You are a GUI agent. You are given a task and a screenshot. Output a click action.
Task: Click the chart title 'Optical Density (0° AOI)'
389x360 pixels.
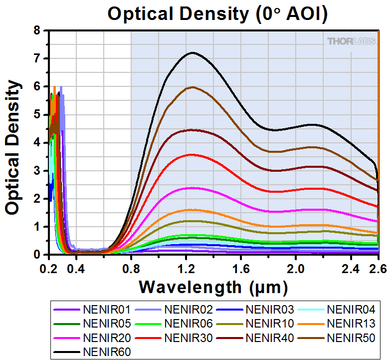click(217, 14)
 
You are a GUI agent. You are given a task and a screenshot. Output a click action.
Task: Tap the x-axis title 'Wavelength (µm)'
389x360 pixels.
click(213, 287)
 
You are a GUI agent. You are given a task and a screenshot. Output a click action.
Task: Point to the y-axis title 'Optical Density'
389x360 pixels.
click(13, 141)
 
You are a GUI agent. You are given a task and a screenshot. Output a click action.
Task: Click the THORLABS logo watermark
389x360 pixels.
click(351, 41)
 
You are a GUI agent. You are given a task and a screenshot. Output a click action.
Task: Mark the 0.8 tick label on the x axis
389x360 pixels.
click(131, 269)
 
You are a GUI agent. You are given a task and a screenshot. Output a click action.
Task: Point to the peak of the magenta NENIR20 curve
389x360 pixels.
click(190, 188)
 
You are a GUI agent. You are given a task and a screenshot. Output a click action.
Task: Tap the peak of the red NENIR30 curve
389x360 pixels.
click(190, 155)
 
